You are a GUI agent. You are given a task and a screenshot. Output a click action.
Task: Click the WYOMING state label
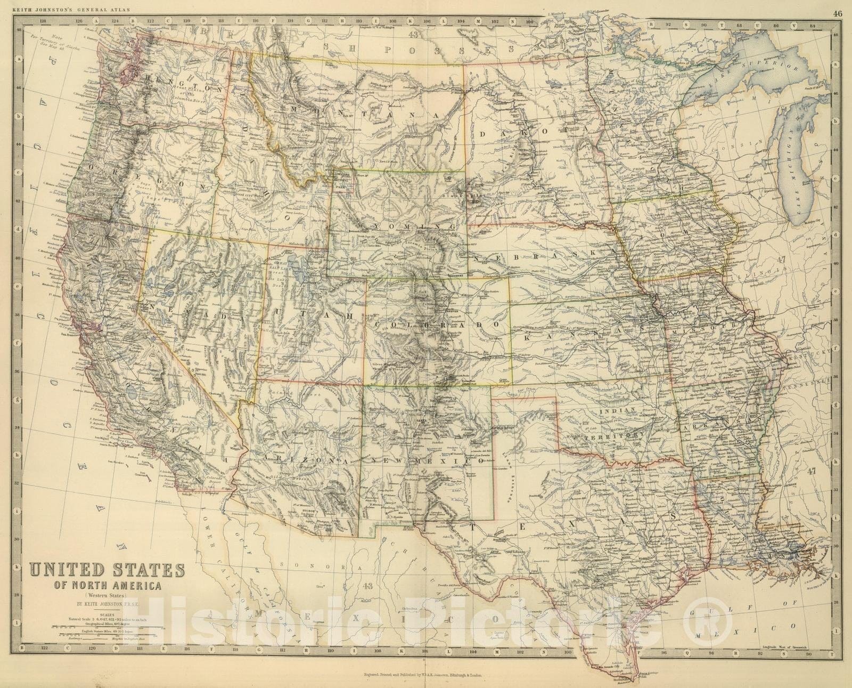tap(397, 226)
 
